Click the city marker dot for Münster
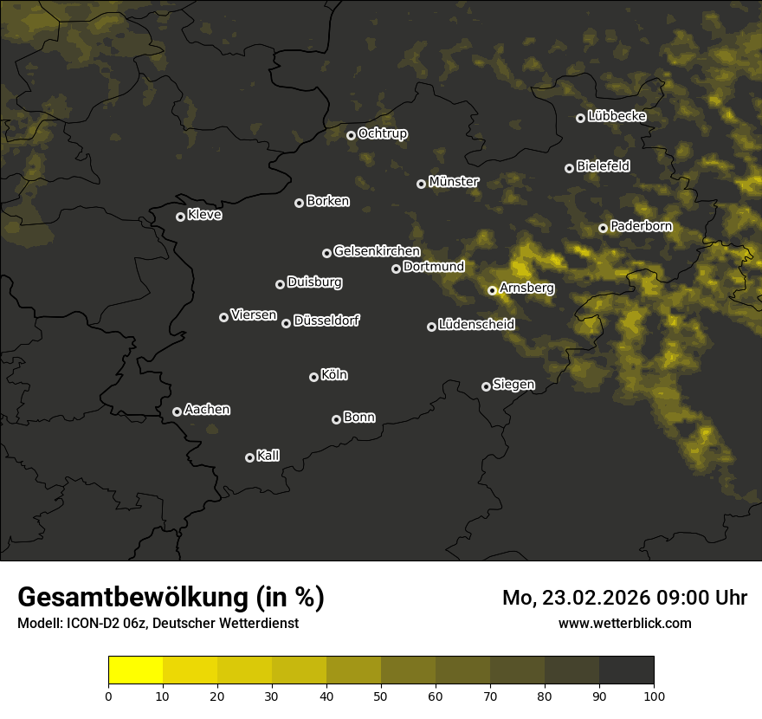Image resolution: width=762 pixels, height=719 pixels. coord(422,184)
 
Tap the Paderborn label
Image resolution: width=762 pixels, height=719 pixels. coord(641,226)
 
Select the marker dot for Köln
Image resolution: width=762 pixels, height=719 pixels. coord(313,377)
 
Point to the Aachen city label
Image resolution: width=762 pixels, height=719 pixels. coord(207,410)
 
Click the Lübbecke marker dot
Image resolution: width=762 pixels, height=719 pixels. coord(580,118)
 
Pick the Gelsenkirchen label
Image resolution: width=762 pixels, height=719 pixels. coord(377,251)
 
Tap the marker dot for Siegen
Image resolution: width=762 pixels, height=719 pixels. coord(486,386)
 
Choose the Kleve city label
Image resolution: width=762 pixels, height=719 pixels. coord(204,215)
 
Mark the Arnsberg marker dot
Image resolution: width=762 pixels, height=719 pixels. coord(492,290)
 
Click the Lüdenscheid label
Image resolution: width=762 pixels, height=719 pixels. coord(476,325)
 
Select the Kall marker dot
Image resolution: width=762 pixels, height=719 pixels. coord(249,457)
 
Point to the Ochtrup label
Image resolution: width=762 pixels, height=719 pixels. coord(382,133)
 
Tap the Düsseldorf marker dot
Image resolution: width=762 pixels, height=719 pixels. coord(286,323)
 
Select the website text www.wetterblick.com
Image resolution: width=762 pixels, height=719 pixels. coord(625,623)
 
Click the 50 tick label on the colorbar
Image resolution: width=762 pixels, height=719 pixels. coord(381,695)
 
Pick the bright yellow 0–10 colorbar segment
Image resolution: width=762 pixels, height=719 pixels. coord(136,670)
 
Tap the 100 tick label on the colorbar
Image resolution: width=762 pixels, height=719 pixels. coord(654,695)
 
